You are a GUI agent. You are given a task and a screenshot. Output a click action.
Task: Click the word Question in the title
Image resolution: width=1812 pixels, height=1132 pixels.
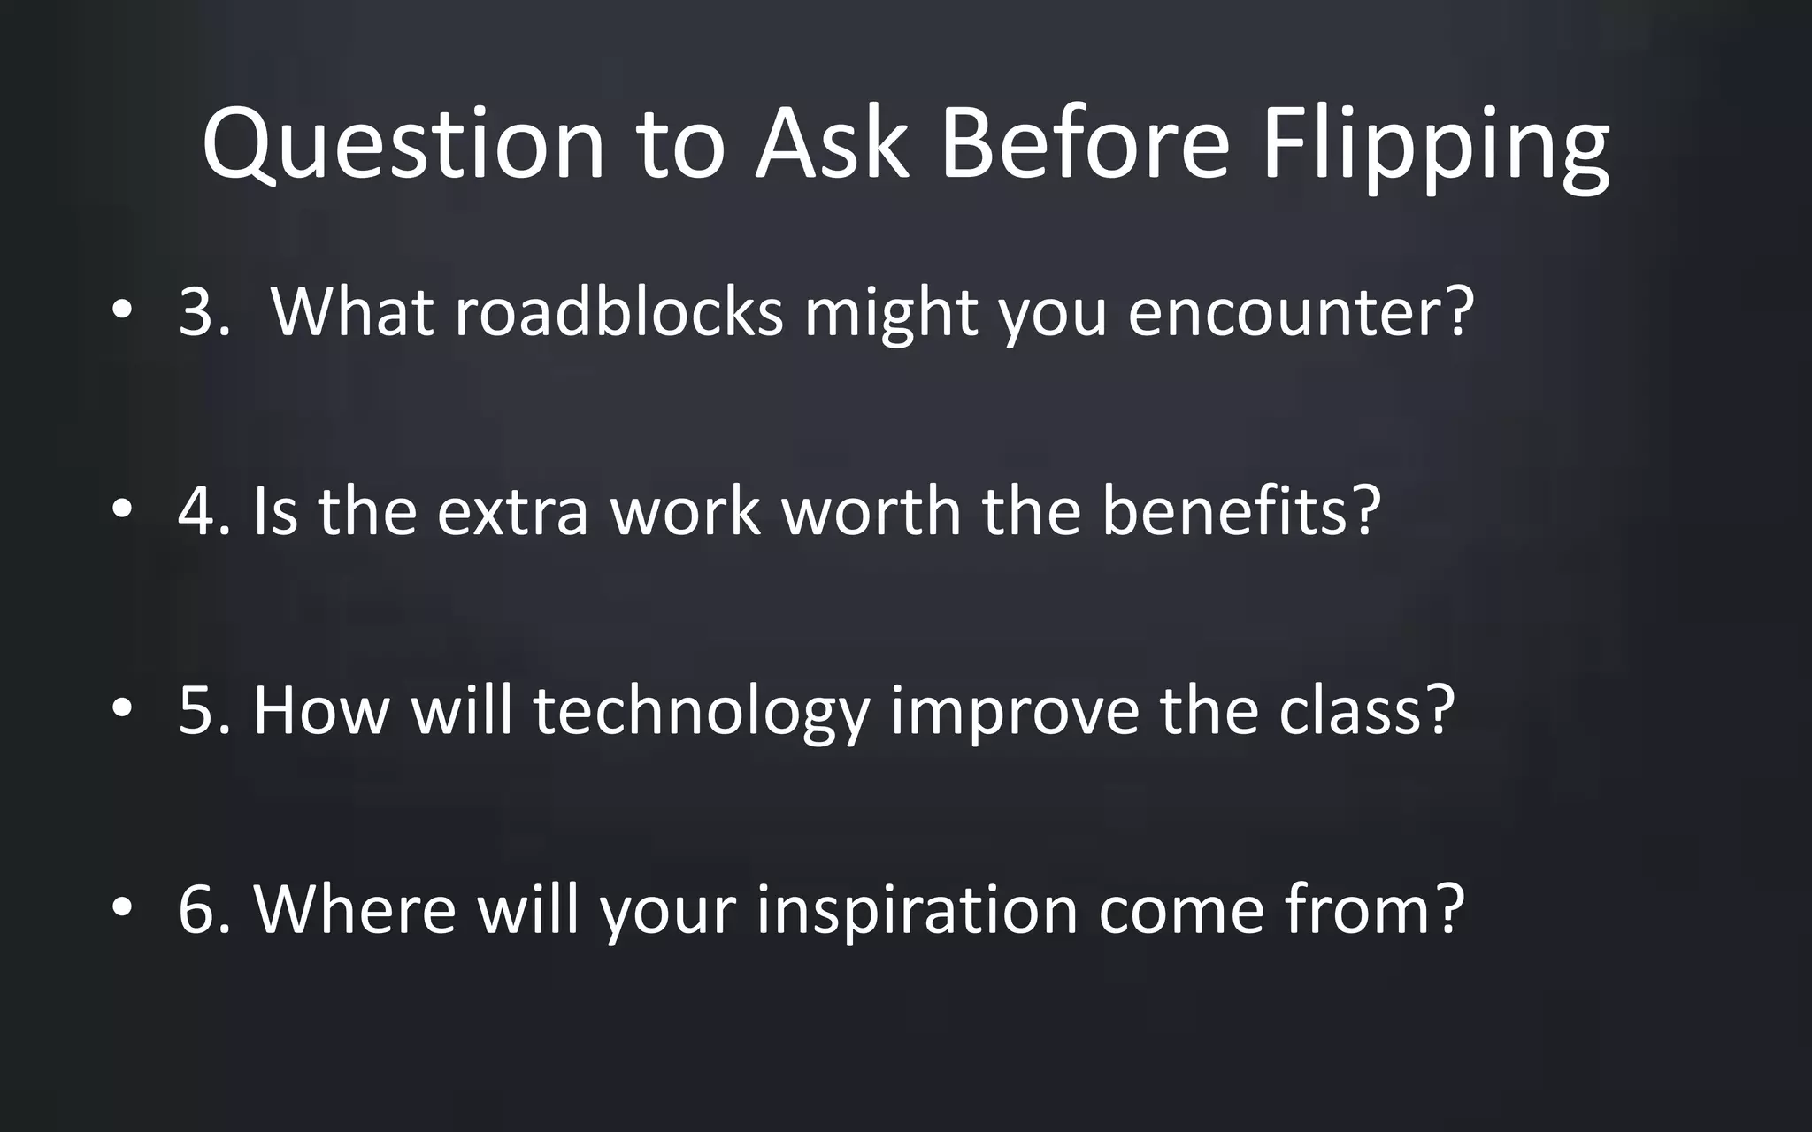coord(403,143)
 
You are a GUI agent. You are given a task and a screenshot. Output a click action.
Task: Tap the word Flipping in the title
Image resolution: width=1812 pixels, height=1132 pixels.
coord(1434,143)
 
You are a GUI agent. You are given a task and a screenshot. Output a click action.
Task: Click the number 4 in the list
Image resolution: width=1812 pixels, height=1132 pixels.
coord(196,511)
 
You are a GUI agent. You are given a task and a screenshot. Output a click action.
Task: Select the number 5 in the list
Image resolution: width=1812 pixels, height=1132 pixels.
coord(196,710)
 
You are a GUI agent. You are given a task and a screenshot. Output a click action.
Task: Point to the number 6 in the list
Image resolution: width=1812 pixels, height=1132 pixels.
coord(196,909)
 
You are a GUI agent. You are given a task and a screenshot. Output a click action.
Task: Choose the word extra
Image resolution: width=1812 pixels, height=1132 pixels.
coord(512,511)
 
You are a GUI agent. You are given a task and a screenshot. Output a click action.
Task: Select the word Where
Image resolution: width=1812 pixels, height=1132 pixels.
coord(355,909)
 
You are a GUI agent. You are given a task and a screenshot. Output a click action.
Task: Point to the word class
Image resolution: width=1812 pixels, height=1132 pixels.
coord(1354,710)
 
